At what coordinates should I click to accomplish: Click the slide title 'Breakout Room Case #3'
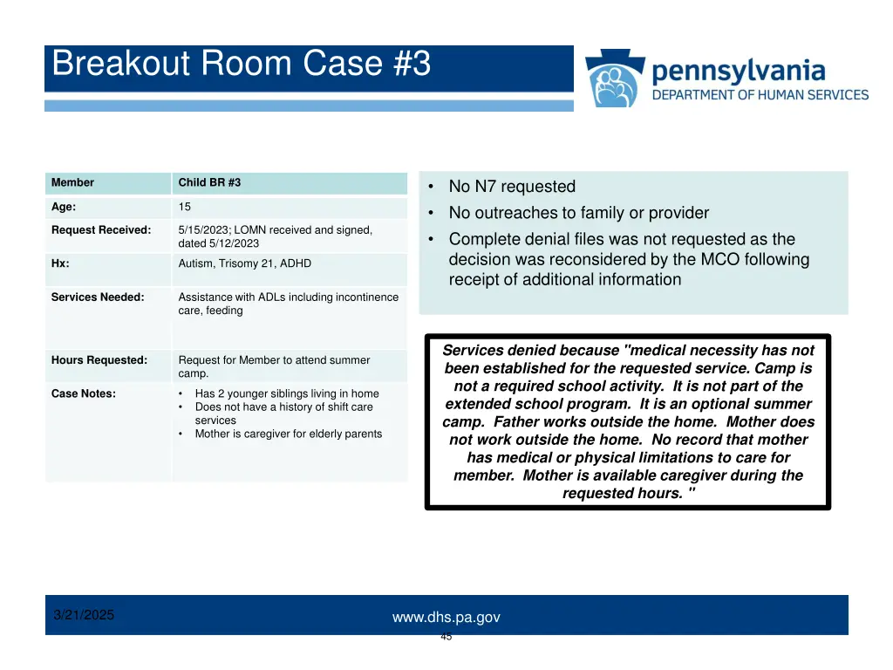[242, 65]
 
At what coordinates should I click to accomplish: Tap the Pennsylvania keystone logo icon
[616, 79]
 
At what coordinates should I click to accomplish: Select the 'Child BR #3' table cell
[209, 182]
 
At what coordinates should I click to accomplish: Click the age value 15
[185, 207]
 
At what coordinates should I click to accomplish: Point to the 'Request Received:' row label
[100, 230]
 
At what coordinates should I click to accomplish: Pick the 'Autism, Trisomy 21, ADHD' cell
[244, 263]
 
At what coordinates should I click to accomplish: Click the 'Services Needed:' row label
[98, 297]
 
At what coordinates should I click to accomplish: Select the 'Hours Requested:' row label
[99, 360]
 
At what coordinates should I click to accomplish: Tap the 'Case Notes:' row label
[84, 393]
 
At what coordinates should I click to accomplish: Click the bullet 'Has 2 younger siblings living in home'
[286, 393]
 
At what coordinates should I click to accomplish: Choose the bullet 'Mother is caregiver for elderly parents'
[288, 434]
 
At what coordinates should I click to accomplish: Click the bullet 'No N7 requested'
[512, 187]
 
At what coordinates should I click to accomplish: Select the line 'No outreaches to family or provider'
[578, 213]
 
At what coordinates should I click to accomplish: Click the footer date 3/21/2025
[84, 615]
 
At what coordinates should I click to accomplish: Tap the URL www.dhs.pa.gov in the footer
[446, 618]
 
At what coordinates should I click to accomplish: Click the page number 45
[446, 637]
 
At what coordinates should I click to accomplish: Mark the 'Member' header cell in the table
[72, 182]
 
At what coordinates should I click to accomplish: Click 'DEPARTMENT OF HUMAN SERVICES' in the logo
[760, 95]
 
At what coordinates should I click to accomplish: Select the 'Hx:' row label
[60, 263]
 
